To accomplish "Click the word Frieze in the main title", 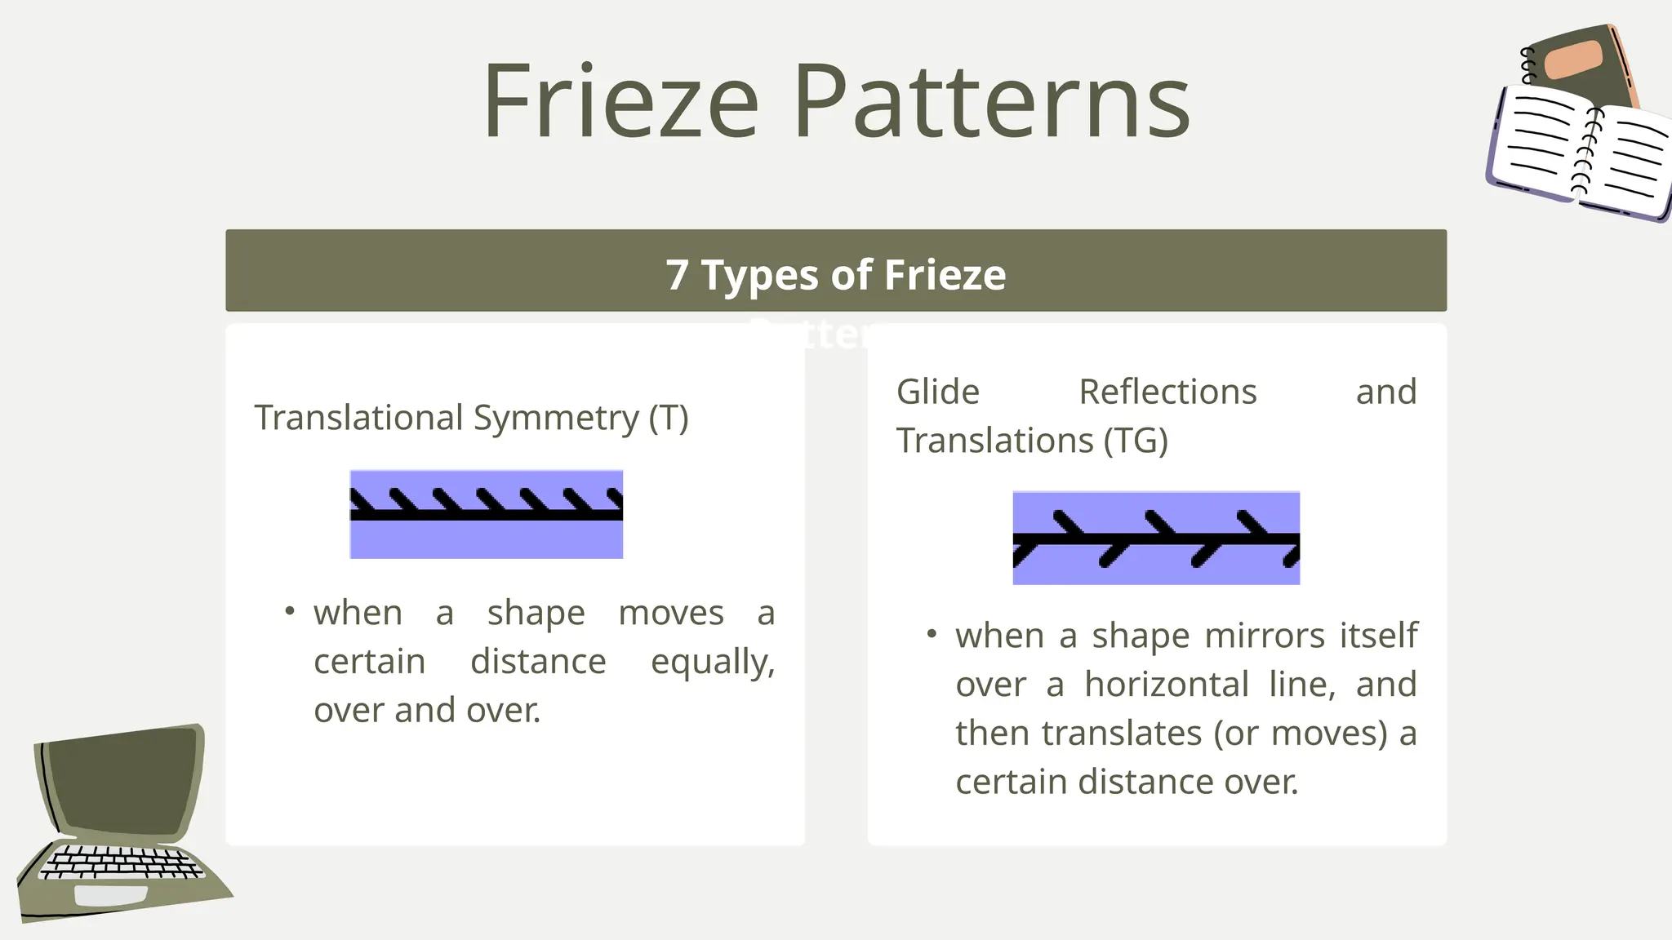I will (620, 102).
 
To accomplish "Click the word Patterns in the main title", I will (991, 102).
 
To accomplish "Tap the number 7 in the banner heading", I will (676, 275).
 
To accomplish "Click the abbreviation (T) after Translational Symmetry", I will (669, 418).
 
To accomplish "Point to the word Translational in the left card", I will (359, 418).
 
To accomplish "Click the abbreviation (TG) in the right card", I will (1136, 441).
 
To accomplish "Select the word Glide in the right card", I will (938, 392).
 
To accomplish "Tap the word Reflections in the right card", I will (1167, 392).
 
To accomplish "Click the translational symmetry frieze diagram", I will (487, 514).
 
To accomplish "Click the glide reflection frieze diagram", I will (1156, 538).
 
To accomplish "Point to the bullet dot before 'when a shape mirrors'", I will (932, 633).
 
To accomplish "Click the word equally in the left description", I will (712, 662).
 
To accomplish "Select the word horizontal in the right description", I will (1167, 685).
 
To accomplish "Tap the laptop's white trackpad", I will (110, 895).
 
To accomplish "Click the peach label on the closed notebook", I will (1573, 60).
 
